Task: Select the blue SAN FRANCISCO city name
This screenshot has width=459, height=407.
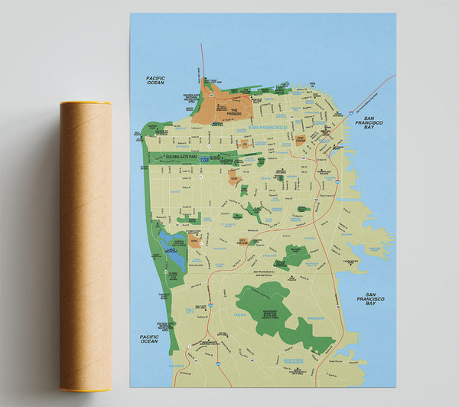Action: [x=268, y=127]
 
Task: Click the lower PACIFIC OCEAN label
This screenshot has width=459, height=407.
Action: [x=148, y=338]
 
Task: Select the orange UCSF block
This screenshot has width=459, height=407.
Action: [x=235, y=177]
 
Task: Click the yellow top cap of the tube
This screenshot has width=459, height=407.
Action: [x=86, y=103]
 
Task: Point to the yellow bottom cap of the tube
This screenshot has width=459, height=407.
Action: [x=86, y=389]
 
